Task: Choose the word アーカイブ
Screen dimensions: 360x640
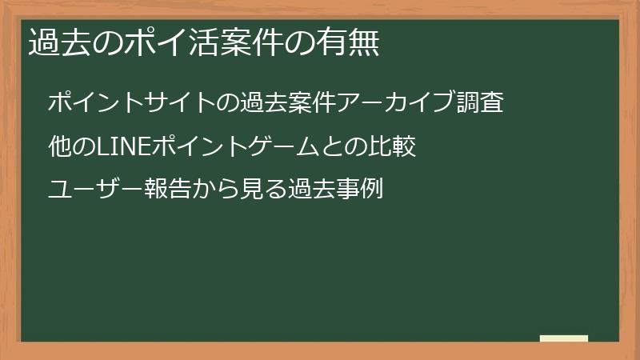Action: (x=397, y=103)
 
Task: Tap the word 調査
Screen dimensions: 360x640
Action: (x=480, y=103)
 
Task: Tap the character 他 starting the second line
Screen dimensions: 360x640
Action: (x=59, y=147)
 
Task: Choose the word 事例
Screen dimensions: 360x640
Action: (x=359, y=191)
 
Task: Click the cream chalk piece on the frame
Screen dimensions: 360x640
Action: (x=564, y=338)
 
